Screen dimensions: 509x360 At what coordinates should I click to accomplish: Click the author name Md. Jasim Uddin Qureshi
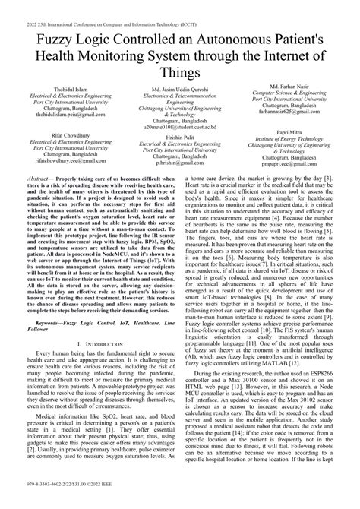click(179, 90)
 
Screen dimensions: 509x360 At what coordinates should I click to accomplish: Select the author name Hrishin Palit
click(179, 138)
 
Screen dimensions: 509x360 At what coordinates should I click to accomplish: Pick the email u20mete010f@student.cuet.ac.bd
click(179, 128)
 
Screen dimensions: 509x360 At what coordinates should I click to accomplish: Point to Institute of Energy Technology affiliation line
click(298, 138)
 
